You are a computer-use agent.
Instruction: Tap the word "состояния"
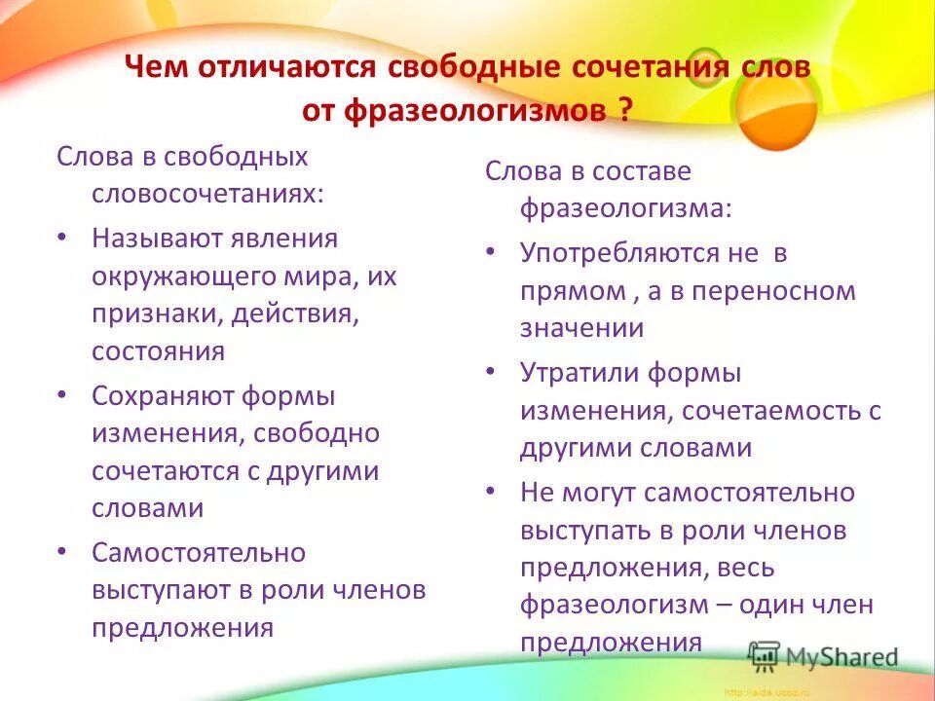click(158, 350)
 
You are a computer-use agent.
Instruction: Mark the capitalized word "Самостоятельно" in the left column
click(199, 553)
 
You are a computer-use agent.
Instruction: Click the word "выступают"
click(163, 590)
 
